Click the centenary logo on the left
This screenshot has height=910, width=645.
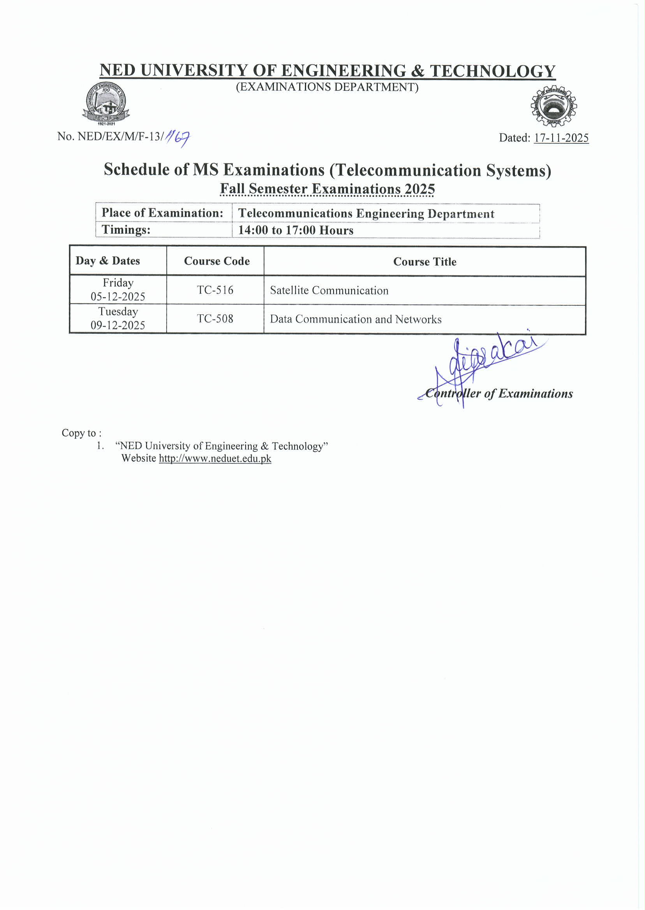(x=106, y=104)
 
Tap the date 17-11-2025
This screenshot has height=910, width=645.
(x=561, y=138)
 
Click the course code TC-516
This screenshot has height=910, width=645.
(x=215, y=290)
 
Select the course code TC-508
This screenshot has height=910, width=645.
(x=215, y=319)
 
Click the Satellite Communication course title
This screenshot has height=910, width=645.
(x=329, y=290)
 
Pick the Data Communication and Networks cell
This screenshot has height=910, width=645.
(x=356, y=319)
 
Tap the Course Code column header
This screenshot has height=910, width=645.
(x=217, y=261)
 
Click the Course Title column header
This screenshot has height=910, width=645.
(x=424, y=262)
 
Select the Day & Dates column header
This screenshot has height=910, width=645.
(x=107, y=261)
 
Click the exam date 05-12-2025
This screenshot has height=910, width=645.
(x=118, y=297)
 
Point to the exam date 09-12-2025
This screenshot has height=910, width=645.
(x=118, y=325)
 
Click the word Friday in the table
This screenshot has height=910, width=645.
(x=118, y=283)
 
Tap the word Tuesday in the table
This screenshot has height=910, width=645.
(x=118, y=311)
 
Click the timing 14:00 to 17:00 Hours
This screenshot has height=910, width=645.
(x=296, y=230)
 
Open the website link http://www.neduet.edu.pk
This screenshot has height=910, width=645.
(x=215, y=459)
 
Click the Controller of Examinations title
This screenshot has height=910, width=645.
(x=499, y=393)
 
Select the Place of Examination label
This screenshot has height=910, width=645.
(x=162, y=213)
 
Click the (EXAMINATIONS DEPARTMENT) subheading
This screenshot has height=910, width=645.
(x=327, y=87)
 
